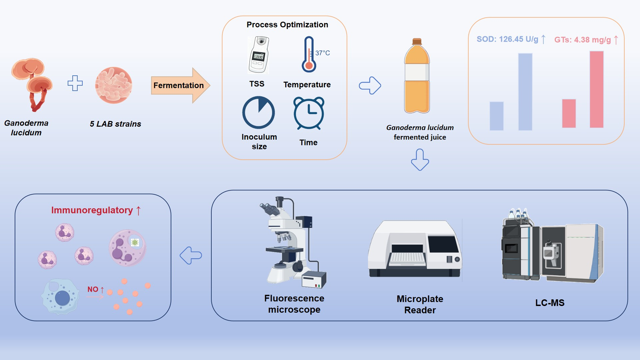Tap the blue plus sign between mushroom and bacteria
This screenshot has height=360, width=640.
coord(75,83)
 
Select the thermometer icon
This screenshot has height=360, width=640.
coord(309,55)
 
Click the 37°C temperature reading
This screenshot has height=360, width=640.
coord(322,53)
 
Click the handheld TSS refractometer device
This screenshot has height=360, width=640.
coord(259,55)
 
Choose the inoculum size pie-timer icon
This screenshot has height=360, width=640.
coord(258,113)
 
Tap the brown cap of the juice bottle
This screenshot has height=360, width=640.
coord(417,42)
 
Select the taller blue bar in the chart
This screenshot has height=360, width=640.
coord(525,92)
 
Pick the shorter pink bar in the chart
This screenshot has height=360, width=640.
coord(569,113)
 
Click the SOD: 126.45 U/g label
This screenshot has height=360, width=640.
coord(507,39)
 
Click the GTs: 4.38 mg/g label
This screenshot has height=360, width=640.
coord(582,40)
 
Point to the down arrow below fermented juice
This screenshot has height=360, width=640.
coord(420,160)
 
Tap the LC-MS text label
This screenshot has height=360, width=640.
coord(550,303)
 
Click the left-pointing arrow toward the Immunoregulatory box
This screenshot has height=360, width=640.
coord(191,256)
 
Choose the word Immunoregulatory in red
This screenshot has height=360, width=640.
coord(92,210)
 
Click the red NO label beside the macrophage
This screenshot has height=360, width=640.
coord(93,289)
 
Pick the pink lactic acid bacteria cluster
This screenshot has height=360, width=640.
coord(114,85)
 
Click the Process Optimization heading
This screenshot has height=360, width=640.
coord(287,25)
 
